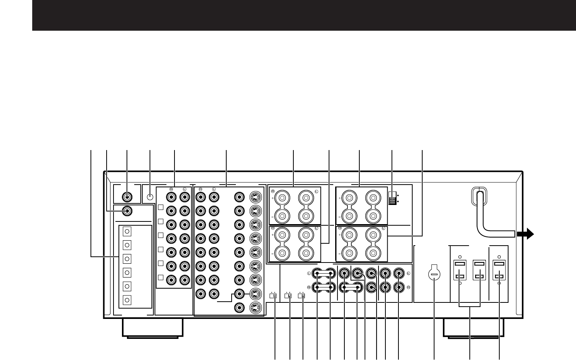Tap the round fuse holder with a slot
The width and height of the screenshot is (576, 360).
point(434,274)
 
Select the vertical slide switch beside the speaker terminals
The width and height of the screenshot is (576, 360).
point(392,198)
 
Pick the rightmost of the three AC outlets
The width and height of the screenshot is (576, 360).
point(499,271)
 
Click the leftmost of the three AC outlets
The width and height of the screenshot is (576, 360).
point(460,271)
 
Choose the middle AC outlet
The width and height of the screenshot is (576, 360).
point(480,271)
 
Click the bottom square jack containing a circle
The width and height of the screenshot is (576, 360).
point(128,300)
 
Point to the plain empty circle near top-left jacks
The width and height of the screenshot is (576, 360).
point(150,197)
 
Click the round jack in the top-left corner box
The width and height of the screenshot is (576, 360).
point(127,197)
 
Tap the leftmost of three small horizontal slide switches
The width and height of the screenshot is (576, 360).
point(273,296)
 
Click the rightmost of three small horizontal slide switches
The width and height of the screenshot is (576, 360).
point(301,296)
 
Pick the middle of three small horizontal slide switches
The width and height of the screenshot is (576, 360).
point(288,296)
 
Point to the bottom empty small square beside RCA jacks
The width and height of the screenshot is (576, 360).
point(161,277)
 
